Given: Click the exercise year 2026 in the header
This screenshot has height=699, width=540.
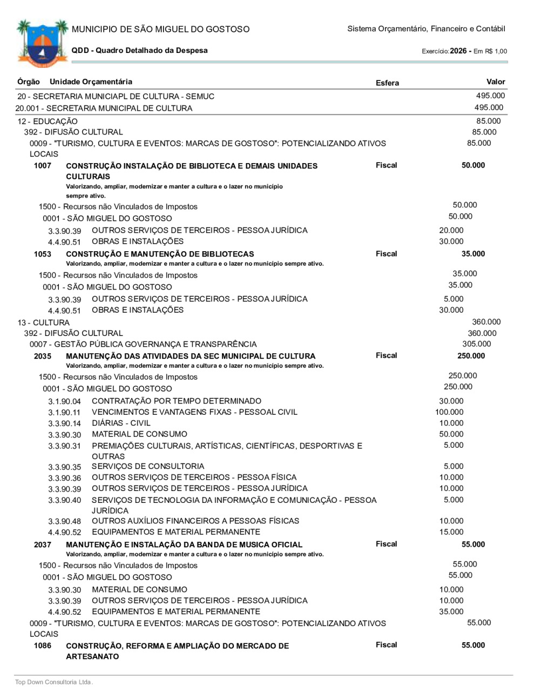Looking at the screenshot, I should (458, 51).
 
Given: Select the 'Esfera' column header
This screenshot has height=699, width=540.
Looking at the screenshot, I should (387, 83).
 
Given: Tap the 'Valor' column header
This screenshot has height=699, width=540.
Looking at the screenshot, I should (495, 82).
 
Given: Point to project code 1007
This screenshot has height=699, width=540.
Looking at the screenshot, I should (42, 166).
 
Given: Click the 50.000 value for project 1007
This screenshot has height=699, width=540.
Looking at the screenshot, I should (473, 165).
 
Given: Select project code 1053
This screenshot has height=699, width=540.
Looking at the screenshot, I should (42, 254).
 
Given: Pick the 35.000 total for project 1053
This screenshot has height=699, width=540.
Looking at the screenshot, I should (473, 254).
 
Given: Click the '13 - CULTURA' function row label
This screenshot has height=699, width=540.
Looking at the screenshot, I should (43, 322).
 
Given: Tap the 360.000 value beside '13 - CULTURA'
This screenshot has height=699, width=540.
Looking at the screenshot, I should (486, 322).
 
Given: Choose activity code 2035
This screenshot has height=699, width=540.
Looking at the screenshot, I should (42, 356).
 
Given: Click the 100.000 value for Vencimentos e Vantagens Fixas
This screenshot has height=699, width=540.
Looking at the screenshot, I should (449, 412).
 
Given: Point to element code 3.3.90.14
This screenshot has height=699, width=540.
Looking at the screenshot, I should (64, 424).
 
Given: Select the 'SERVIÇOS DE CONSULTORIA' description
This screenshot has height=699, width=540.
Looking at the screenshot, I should (148, 466).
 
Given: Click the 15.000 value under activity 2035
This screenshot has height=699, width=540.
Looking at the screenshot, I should (451, 532).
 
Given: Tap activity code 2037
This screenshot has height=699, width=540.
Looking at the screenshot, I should (42, 545).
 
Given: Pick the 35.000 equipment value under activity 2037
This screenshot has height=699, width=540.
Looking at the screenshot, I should (451, 611).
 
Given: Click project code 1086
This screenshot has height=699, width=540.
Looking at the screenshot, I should (42, 646).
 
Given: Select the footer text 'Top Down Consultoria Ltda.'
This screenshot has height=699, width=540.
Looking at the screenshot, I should (54, 682).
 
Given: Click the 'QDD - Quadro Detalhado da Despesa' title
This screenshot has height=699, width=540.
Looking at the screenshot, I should (139, 50).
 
